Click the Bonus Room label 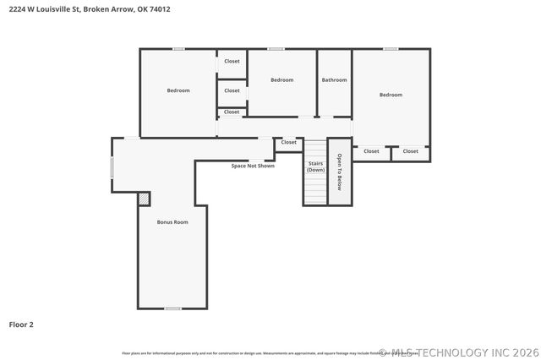172,222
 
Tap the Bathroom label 334,80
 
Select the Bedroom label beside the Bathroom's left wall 281,80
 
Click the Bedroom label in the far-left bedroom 178,90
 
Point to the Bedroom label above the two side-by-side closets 391,95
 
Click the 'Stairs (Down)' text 315,166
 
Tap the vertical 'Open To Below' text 339,172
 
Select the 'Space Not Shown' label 253,166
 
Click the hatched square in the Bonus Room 145,198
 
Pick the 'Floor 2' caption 21,324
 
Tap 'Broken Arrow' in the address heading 109,9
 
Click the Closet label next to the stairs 289,143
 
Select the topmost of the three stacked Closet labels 232,62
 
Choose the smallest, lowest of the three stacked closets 232,112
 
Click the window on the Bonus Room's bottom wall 172,308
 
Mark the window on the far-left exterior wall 112,166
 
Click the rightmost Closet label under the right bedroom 410,151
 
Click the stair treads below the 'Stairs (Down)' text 315,189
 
